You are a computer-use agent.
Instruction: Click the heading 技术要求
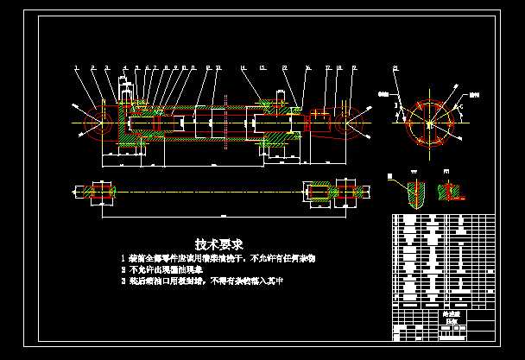219,244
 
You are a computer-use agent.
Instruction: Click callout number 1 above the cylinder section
76,66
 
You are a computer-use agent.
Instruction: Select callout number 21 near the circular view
395,67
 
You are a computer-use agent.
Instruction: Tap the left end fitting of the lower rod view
98,192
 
